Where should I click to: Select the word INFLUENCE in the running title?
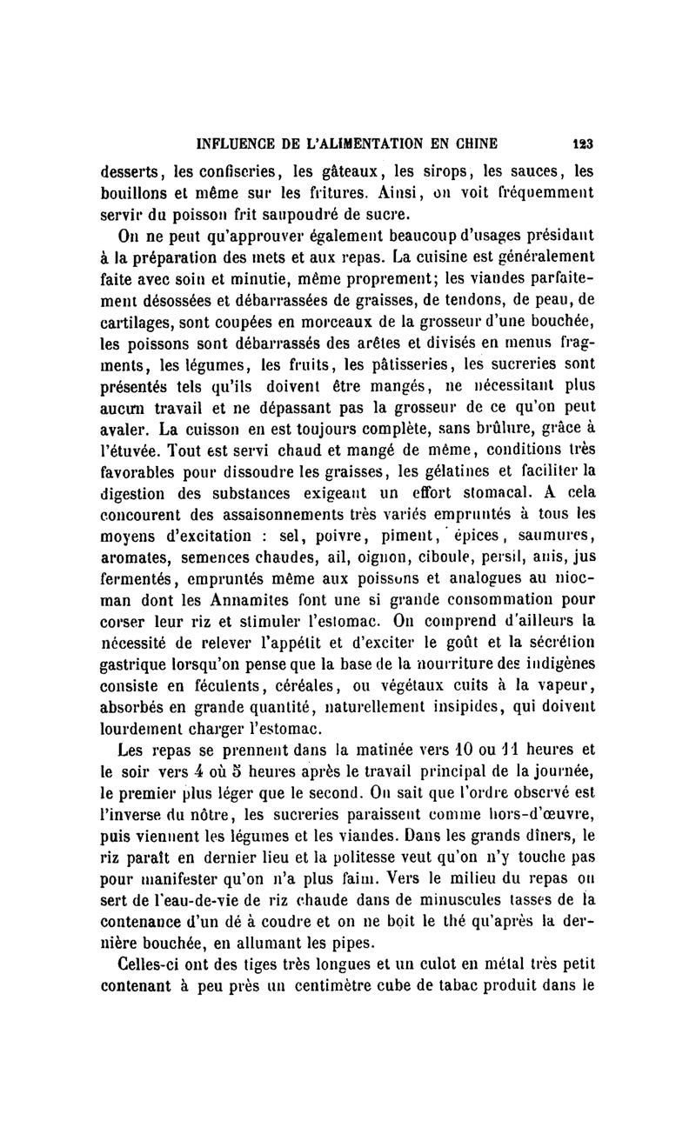[x=238, y=144]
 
